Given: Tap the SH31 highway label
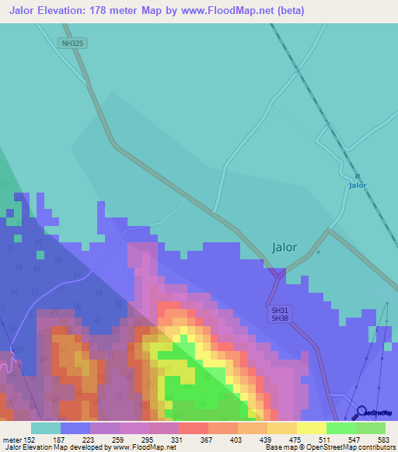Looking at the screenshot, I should tap(279, 309).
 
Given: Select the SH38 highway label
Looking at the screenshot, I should tap(279, 318).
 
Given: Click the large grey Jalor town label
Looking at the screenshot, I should tap(285, 247).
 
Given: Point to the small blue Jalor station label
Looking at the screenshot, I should tap(358, 185).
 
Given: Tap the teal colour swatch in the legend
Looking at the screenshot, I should tap(46, 428).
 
